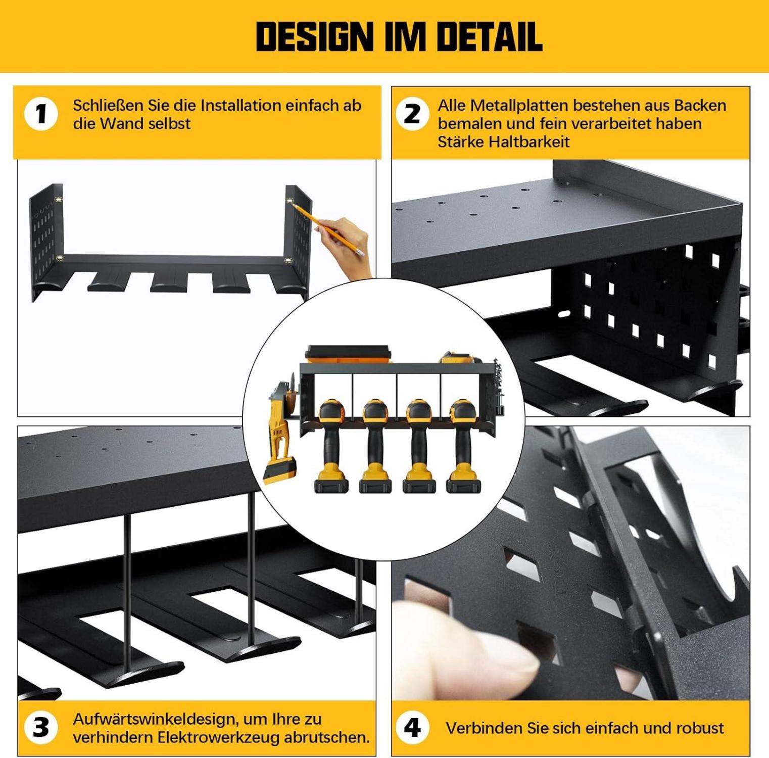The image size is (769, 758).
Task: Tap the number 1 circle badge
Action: point(41,114)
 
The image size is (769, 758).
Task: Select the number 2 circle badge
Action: point(412,114)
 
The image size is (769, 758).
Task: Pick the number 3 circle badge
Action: point(41,728)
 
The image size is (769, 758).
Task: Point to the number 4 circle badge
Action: point(412,728)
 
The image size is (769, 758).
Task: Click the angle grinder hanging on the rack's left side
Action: point(283,430)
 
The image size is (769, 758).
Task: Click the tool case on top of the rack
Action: point(349,354)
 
